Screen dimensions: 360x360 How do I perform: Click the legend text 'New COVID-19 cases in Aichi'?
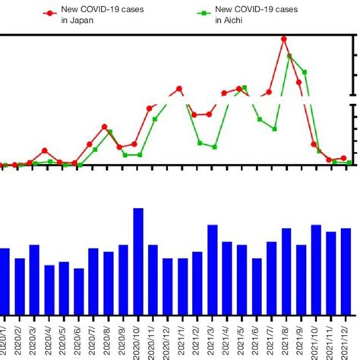[244, 15]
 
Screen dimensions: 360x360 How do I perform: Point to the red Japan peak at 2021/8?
[283, 39]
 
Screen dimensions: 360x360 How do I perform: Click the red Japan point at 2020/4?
[45, 150]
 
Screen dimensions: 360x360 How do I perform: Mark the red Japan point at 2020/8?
[104, 127]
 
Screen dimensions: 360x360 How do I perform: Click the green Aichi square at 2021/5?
[245, 88]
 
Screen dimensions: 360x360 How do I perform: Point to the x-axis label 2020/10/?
[138, 338]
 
